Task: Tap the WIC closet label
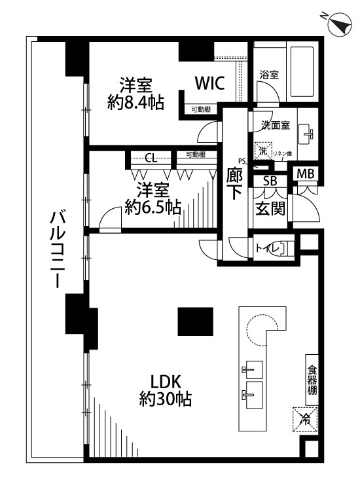[209, 83]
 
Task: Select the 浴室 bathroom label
[269, 75]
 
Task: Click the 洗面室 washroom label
[276, 124]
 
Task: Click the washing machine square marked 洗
[262, 151]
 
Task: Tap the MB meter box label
[305, 173]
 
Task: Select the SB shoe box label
[270, 181]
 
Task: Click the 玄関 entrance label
[270, 209]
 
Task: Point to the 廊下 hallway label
[234, 185]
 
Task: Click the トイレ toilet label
[268, 247]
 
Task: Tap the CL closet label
[151, 157]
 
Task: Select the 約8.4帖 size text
[135, 102]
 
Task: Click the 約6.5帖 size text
[153, 208]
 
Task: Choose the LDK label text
[165, 382]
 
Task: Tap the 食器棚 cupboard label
[312, 379]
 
